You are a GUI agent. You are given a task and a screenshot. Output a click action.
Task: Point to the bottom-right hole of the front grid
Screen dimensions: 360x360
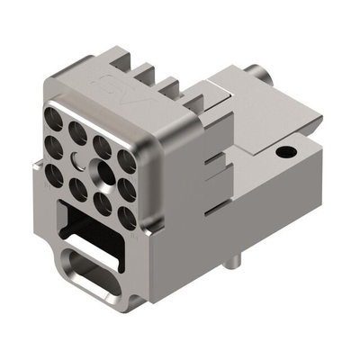click(x=126, y=216)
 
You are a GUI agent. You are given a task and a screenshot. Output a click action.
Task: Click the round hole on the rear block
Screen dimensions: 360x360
click(x=285, y=151)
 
